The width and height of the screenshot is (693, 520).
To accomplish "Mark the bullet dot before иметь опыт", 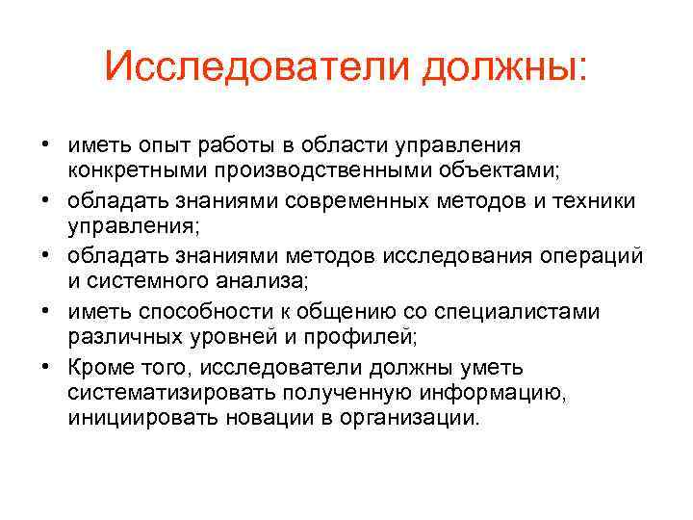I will pos(46,145).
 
